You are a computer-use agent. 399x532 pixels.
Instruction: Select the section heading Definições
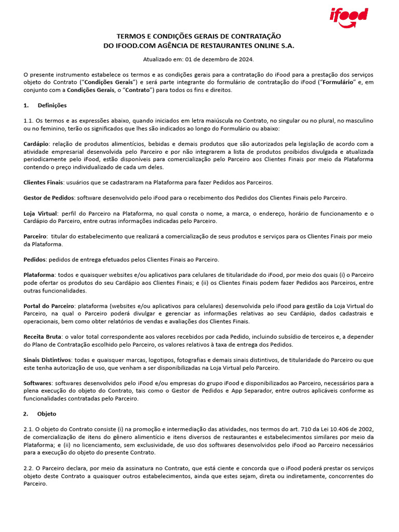(x=52, y=105)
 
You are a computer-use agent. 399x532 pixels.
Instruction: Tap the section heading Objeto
(x=47, y=414)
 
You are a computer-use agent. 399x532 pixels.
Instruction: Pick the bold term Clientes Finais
(x=43, y=182)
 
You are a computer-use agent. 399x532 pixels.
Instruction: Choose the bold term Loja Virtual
(x=41, y=214)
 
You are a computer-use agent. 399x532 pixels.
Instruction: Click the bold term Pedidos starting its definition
(x=35, y=259)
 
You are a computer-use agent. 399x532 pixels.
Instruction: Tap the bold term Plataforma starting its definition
(x=39, y=275)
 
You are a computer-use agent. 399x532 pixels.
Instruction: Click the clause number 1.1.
(x=29, y=121)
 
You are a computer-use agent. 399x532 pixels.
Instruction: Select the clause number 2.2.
(x=29, y=468)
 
